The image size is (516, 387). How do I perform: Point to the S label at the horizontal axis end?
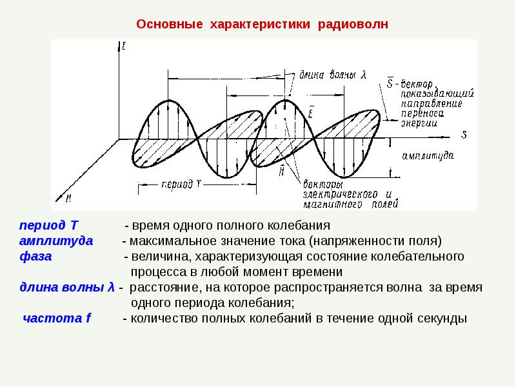[464, 135]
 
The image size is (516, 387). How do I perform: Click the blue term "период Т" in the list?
[48, 226]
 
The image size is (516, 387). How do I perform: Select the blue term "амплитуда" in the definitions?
[56, 241]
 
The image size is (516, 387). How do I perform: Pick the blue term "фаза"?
[36, 257]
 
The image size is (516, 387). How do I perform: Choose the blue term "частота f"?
[57, 319]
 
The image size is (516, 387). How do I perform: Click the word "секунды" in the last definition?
[437, 319]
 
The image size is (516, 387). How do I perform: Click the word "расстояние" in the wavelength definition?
[164, 287]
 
